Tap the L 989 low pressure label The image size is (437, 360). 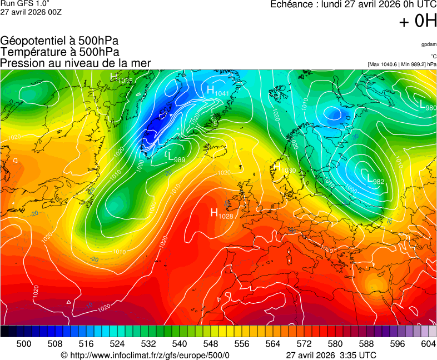176,157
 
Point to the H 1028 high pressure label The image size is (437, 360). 221,213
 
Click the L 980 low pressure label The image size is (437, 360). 428,106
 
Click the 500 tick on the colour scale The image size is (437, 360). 24,344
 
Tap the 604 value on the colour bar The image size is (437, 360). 428,344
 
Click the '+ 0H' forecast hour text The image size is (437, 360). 418,22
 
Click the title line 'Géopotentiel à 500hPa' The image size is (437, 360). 59,41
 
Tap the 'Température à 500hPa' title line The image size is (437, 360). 59,52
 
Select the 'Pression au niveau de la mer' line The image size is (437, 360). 75,63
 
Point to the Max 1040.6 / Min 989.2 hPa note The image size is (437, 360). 402,64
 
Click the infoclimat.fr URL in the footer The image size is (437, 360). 145,355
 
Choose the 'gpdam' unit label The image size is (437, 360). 429,44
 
